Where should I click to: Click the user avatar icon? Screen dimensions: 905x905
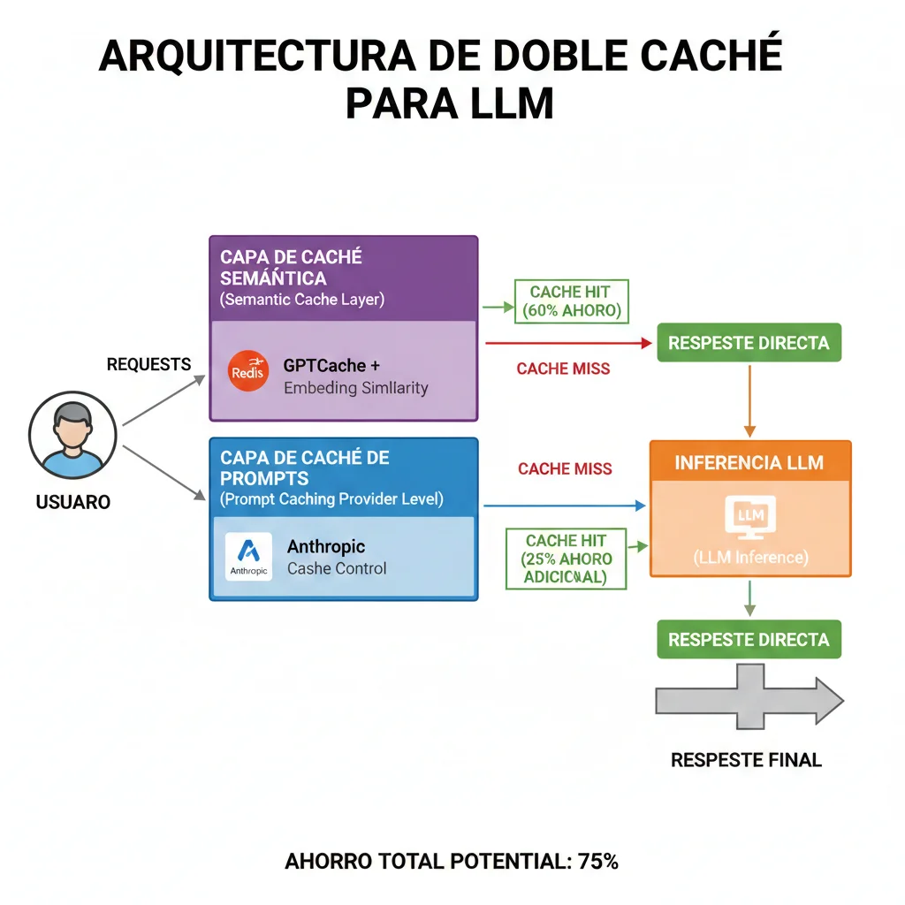[72, 433]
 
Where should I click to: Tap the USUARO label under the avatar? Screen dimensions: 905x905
[73, 502]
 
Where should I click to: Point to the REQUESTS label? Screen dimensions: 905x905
[148, 364]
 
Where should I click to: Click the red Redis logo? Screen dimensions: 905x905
[247, 371]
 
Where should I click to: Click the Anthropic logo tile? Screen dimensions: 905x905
[248, 556]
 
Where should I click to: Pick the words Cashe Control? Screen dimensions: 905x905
[337, 568]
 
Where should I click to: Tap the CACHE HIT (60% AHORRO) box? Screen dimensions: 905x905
[570, 301]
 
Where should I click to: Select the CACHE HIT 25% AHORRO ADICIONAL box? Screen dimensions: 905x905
[565, 559]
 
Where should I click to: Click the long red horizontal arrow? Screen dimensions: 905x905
[566, 342]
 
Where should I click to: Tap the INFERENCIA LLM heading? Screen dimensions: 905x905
[749, 462]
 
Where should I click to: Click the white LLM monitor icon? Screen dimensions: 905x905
[749, 517]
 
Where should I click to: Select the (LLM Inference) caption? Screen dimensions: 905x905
[749, 558]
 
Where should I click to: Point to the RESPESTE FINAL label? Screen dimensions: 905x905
[747, 760]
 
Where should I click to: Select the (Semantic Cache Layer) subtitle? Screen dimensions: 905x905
[301, 299]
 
